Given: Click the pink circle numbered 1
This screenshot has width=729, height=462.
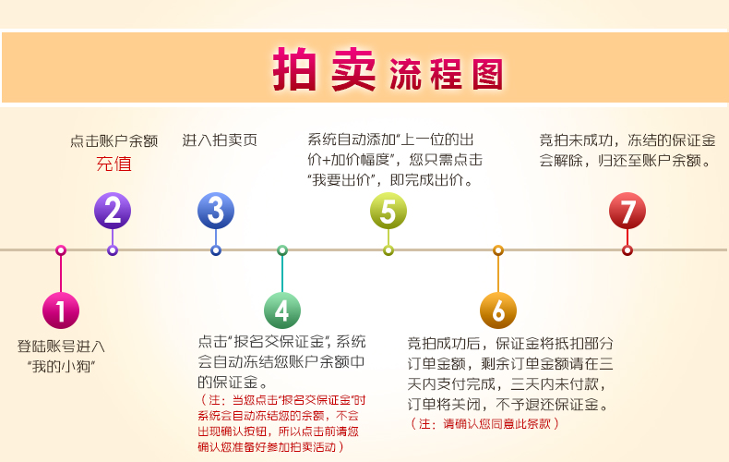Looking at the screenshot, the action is (61, 310).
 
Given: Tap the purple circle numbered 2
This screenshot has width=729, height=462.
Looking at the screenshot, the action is (113, 211).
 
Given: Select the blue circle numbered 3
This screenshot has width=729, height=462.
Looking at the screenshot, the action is (216, 211).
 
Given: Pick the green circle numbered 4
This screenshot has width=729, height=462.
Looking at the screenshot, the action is (282, 310).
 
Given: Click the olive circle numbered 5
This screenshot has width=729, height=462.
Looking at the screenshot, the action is (388, 211).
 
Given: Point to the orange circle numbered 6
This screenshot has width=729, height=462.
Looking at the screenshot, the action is (498, 310).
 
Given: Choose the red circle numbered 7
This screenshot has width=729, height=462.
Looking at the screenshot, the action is (627, 211).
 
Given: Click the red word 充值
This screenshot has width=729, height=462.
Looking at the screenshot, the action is (114, 164).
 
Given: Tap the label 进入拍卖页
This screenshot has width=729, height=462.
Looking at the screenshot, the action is (220, 140).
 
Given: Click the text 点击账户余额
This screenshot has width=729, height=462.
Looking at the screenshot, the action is (114, 140).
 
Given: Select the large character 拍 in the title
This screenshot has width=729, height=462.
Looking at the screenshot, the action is (294, 69).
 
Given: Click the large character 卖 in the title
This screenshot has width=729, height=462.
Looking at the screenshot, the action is (353, 69).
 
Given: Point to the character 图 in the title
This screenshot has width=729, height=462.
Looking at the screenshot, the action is (488, 74).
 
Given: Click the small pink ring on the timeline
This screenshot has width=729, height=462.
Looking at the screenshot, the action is (61, 250).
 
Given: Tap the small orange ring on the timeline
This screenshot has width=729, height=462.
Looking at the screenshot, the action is (498, 250).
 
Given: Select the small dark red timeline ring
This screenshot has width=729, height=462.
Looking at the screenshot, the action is (627, 250).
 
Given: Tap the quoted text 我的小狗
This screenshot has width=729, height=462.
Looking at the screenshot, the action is (61, 367).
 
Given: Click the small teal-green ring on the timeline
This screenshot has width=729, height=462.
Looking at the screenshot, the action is (282, 250).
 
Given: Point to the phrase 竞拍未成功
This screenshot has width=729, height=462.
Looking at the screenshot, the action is (576, 140).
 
